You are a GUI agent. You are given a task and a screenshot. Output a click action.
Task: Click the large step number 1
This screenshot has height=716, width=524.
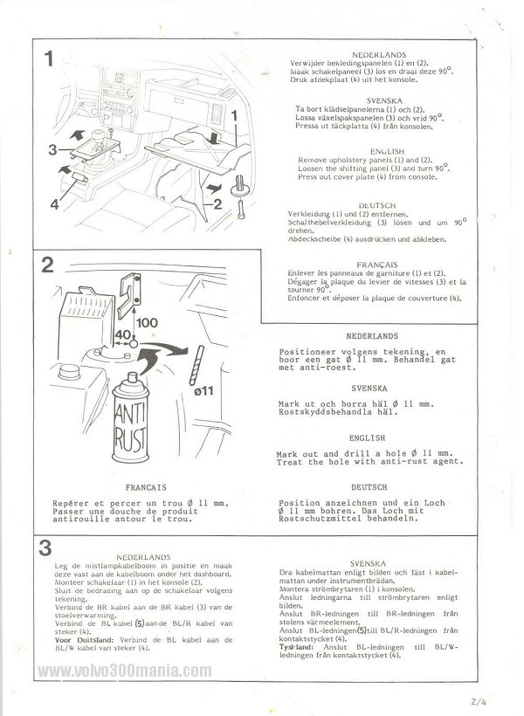pos(50,60)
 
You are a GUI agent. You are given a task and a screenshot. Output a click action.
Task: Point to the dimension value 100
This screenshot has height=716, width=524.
pos(147,322)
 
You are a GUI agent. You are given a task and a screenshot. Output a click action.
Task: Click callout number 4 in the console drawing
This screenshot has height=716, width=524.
pos(53,206)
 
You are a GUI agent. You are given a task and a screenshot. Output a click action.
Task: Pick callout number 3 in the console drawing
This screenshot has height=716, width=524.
pos(53,150)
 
